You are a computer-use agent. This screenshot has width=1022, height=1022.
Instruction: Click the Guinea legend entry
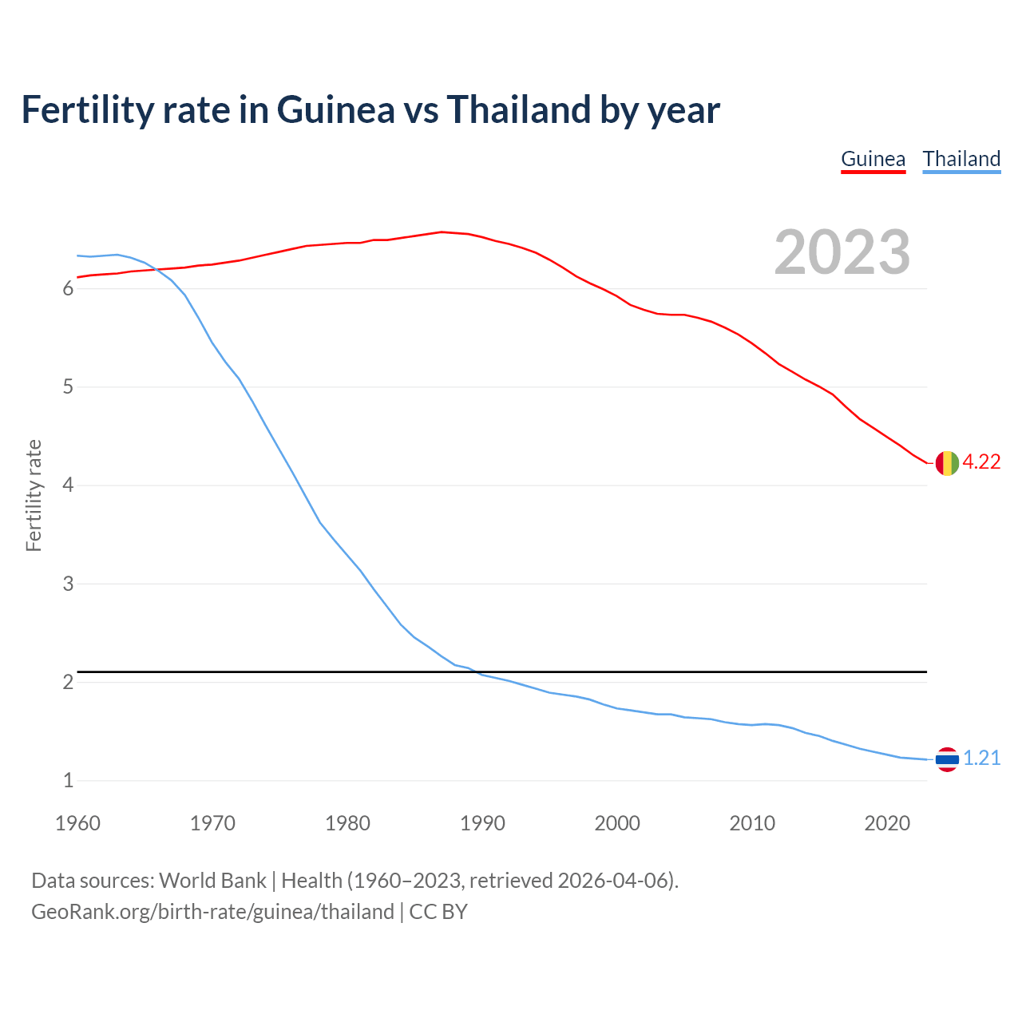[x=873, y=159]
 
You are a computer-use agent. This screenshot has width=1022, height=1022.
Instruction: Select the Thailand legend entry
[x=961, y=159]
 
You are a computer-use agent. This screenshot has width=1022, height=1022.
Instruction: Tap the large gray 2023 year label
[x=842, y=252]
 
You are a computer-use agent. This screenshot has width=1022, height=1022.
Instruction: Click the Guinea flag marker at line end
[x=946, y=462]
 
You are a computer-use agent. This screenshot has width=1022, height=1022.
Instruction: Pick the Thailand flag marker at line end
[x=946, y=759]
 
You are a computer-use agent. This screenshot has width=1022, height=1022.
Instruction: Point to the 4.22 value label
[x=981, y=462]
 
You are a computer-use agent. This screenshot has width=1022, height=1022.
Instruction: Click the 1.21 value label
[x=981, y=759]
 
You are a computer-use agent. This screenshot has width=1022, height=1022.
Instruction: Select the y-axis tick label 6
[x=68, y=289]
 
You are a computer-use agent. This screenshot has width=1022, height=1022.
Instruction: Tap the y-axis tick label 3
[x=68, y=584]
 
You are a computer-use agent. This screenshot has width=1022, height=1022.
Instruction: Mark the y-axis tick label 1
[x=68, y=781]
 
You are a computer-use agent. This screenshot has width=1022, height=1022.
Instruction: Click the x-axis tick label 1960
[x=77, y=823]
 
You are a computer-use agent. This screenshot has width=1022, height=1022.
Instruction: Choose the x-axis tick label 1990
[x=482, y=823]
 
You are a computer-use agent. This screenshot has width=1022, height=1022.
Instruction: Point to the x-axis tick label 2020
[x=887, y=823]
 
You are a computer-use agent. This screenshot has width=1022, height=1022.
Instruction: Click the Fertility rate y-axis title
[x=34, y=495]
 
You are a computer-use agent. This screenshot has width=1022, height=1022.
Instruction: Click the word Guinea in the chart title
[x=335, y=109]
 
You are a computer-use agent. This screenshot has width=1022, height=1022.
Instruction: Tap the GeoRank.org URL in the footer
[x=212, y=912]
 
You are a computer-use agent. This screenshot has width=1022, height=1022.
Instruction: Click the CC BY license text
[x=438, y=912]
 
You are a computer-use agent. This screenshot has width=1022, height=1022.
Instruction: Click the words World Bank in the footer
[x=212, y=881]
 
